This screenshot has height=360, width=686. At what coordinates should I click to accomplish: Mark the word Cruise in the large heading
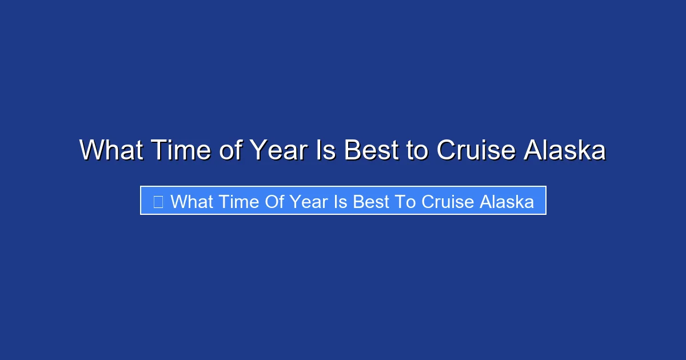(x=476, y=150)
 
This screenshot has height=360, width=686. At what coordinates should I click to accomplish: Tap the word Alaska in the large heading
(x=565, y=150)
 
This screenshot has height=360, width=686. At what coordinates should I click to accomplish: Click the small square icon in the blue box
(x=158, y=201)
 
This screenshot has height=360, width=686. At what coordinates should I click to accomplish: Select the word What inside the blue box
(x=192, y=201)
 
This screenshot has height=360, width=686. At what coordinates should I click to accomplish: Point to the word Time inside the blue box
(x=240, y=201)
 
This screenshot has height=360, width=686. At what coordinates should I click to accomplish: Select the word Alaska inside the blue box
(x=507, y=201)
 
